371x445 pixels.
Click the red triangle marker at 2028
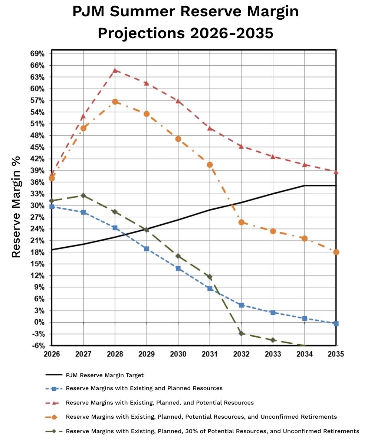(x=115, y=70)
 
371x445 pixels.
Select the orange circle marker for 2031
(x=210, y=165)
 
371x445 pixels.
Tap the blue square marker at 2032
(x=242, y=305)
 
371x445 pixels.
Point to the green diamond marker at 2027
(x=83, y=195)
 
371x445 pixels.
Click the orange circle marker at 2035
(x=336, y=252)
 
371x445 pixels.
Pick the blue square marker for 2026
(x=52, y=207)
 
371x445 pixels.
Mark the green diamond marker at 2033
(x=273, y=340)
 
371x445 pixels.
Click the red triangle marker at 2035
(x=336, y=172)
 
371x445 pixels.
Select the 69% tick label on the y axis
(x=37, y=54)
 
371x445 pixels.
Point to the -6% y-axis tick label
(x=38, y=346)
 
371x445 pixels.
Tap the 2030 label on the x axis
(x=178, y=354)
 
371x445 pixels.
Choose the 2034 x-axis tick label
(x=305, y=354)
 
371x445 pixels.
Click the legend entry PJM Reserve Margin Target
(x=104, y=375)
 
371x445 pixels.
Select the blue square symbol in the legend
(x=54, y=389)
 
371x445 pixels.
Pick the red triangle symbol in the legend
(x=54, y=403)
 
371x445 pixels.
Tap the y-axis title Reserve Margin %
(x=16, y=207)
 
